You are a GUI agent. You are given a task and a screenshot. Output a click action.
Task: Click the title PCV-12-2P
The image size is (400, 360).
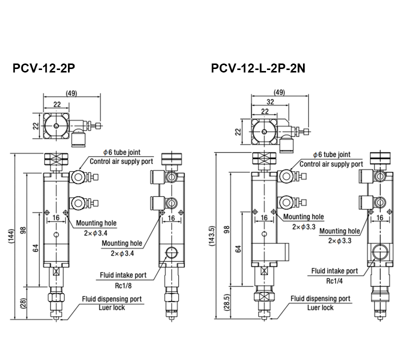tap(44, 68)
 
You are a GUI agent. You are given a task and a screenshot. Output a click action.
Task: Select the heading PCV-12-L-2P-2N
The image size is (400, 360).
tap(258, 68)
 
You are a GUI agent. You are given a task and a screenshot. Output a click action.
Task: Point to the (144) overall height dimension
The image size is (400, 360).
tap(11, 236)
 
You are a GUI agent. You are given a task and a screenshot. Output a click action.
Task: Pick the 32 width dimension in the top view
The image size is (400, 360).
tap(270, 102)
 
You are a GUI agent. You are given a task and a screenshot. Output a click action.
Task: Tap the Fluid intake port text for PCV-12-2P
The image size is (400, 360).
tap(122, 275)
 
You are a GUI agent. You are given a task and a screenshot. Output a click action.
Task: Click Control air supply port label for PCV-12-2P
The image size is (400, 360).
tap(121, 162)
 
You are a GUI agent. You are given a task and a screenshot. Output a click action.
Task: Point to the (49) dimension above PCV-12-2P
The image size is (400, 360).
tap(72, 92)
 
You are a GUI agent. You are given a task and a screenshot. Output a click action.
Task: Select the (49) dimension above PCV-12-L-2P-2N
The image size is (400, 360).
tap(280, 92)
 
